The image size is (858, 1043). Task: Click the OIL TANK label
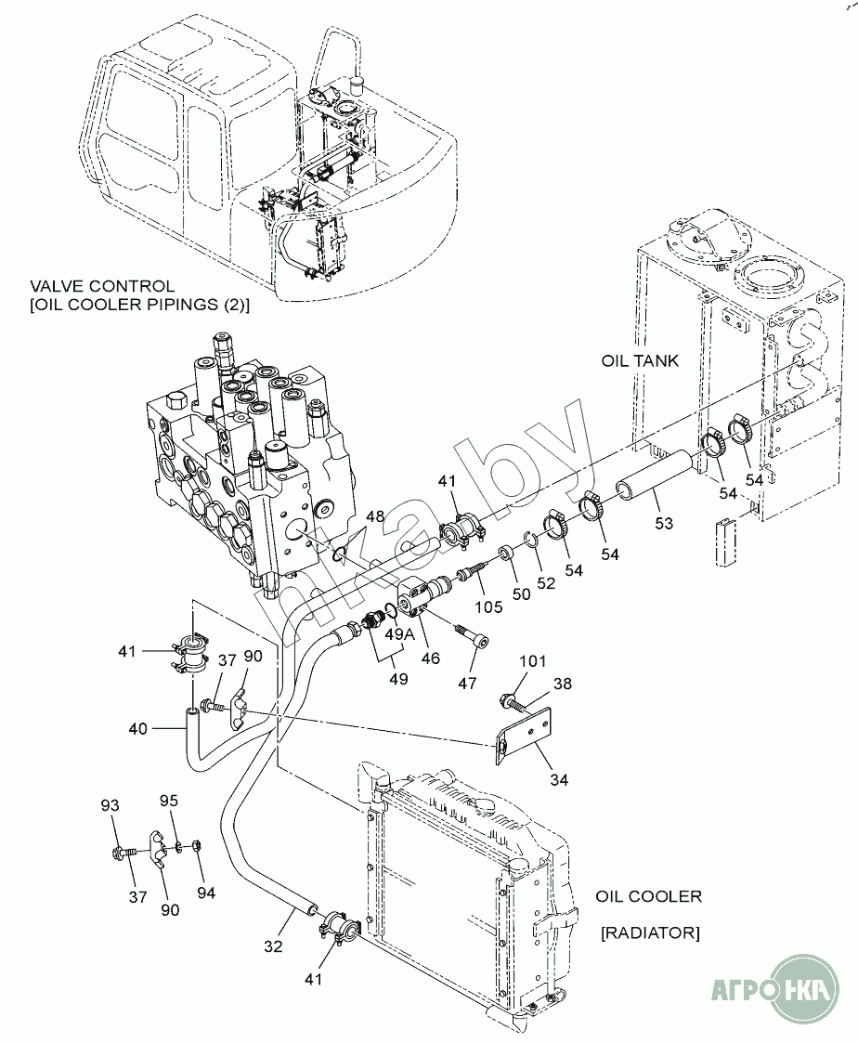pyautogui.click(x=640, y=361)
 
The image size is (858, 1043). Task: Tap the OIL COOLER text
pyautogui.click(x=648, y=896)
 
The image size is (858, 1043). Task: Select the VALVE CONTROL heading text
pyautogui.click(x=102, y=287)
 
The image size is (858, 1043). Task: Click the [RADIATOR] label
pyautogui.click(x=651, y=933)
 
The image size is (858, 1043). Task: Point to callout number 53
pyautogui.click(x=664, y=524)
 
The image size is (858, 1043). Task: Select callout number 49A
pyautogui.click(x=400, y=634)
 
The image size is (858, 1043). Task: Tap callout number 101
pyautogui.click(x=533, y=661)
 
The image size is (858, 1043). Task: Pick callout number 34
pyautogui.click(x=559, y=779)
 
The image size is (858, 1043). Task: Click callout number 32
pyautogui.click(x=273, y=945)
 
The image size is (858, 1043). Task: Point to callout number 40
pyautogui.click(x=138, y=729)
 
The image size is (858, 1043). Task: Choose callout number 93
pyautogui.click(x=110, y=805)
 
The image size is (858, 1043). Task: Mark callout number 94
pyautogui.click(x=206, y=893)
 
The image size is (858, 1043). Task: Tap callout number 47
pyautogui.click(x=468, y=683)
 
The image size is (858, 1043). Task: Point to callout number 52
pyautogui.click(x=546, y=583)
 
